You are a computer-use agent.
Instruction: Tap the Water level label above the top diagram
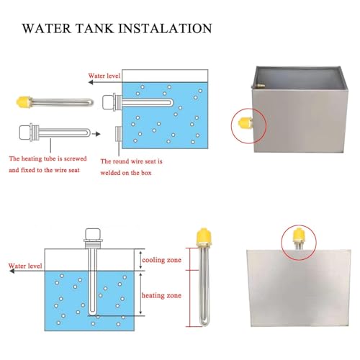[103, 74]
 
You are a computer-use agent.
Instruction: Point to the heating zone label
[161, 295]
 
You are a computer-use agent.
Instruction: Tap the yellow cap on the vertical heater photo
[202, 235]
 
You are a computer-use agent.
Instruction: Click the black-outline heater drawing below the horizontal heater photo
[50, 132]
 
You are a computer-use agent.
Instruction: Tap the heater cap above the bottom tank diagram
[91, 234]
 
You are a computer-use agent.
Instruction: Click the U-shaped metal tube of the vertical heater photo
[202, 288]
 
